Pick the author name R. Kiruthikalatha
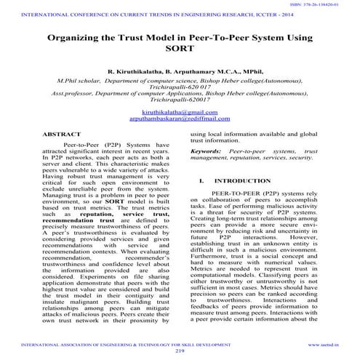pos(137,73)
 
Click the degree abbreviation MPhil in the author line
pos(239,73)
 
